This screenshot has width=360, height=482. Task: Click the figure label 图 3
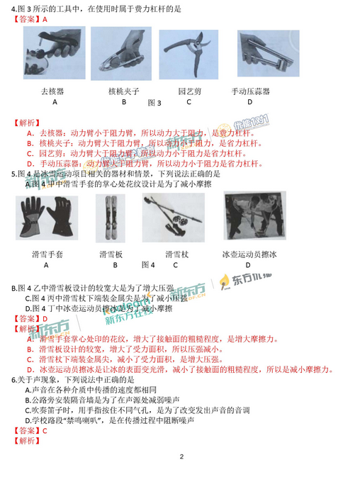154,103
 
